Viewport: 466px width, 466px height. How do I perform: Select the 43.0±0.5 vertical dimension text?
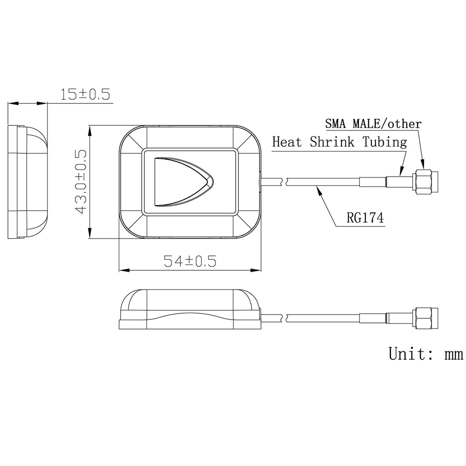(x=81, y=182)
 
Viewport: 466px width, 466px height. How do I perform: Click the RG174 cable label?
(x=366, y=218)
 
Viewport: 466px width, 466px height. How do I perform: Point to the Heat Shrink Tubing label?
(x=339, y=142)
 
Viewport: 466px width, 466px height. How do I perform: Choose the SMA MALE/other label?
(x=373, y=124)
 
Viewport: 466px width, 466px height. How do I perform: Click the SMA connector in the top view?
(x=425, y=182)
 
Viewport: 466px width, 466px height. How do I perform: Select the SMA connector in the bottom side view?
(x=425, y=319)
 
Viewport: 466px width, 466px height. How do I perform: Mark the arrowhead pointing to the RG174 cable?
(x=318, y=188)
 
